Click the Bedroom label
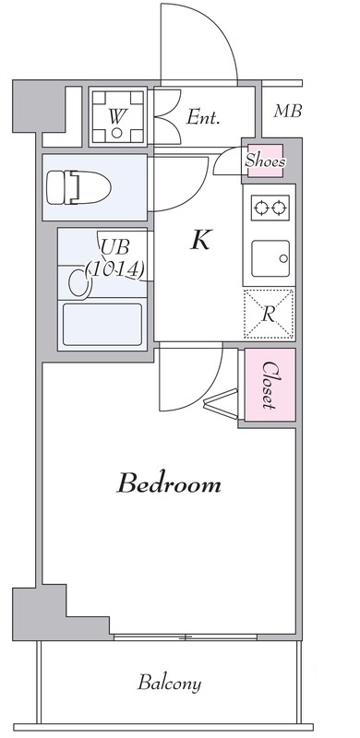pos(169,483)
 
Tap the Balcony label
pos(169,683)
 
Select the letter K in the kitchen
pos(200,240)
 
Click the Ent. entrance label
pos(203,117)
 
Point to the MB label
pos(287,111)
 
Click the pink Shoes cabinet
pos(265,161)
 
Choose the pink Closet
pos(270,385)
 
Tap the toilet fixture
pos(78,187)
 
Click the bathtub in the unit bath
pos(102,325)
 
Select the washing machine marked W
pos(117,116)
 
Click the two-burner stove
pos(270,208)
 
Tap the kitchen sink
pos(270,258)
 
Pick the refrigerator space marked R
pos(269,314)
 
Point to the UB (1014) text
pos(115,258)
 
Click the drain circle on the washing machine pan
pos(117,133)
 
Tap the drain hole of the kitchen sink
pos(283,258)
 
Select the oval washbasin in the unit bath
pos(79,283)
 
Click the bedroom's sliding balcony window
pos(186,637)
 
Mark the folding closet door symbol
pos(222,403)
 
